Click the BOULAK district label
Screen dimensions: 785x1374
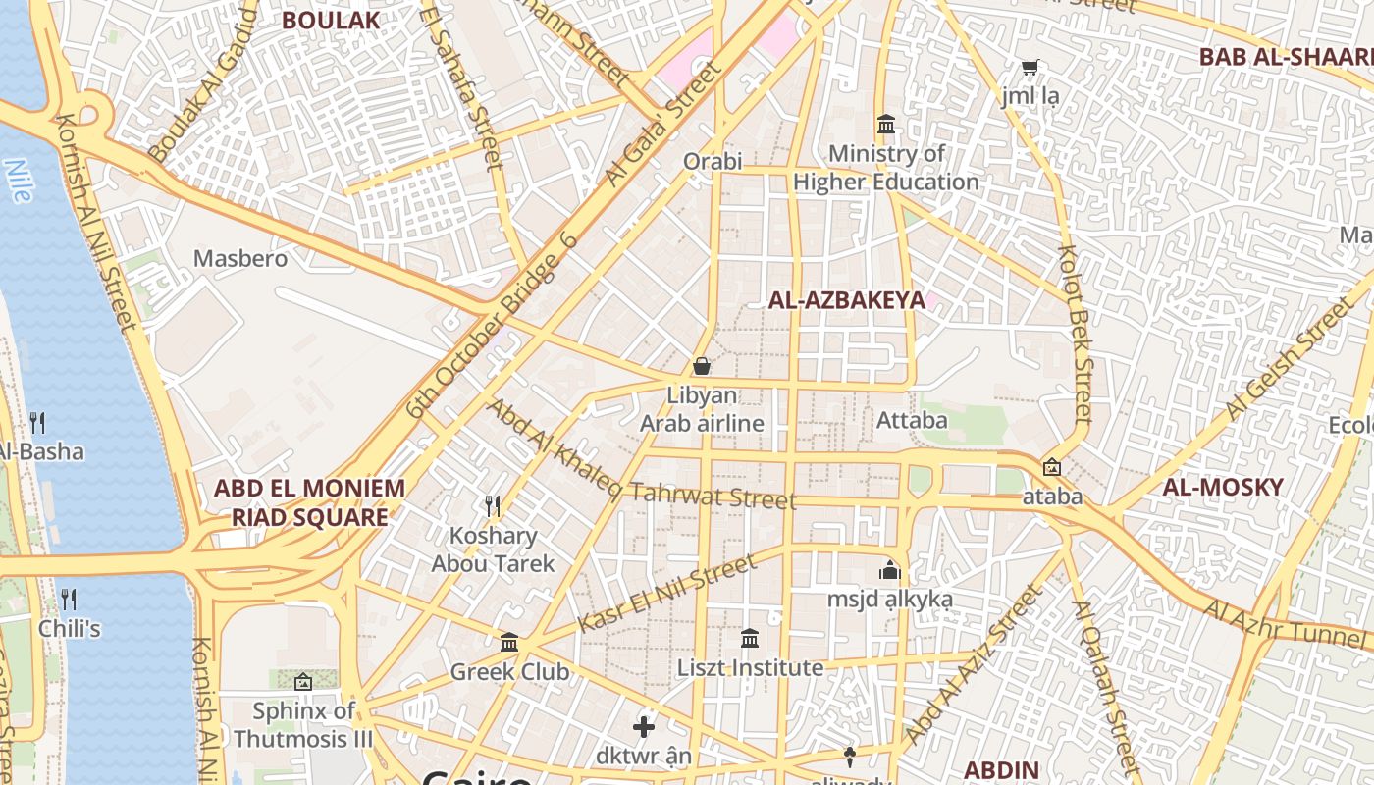click(330, 20)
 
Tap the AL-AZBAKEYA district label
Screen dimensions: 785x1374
click(846, 300)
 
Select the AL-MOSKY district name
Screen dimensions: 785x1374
click(1222, 487)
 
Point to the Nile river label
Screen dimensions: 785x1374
click(19, 180)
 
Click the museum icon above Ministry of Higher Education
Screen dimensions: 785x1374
click(886, 125)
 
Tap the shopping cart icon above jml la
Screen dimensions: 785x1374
click(1030, 68)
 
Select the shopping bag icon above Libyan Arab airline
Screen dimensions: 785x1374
click(702, 366)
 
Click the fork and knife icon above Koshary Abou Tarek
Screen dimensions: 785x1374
click(493, 506)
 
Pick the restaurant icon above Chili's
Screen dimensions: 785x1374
click(69, 599)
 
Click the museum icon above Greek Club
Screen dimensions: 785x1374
click(509, 643)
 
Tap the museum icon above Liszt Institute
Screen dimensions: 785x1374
click(750, 639)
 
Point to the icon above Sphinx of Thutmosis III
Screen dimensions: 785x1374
click(303, 681)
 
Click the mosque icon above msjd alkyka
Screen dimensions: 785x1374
click(889, 570)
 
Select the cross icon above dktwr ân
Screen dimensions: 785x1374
click(643, 727)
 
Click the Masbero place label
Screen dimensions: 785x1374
click(240, 258)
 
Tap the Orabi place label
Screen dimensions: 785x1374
click(713, 161)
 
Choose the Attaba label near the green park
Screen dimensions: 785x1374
click(912, 420)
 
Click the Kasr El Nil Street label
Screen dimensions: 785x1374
click(667, 593)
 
